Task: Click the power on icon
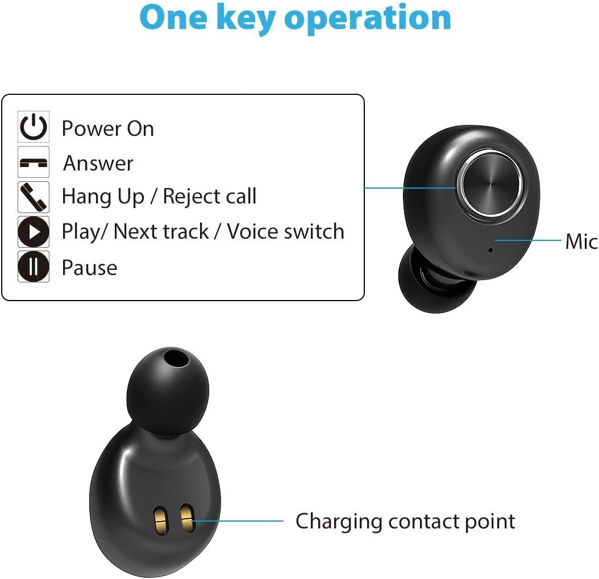click(34, 127)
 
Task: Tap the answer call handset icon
click(34, 163)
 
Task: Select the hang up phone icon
click(34, 197)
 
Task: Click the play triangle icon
click(34, 232)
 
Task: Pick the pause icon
click(34, 266)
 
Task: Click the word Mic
click(581, 241)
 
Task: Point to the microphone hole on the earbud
click(490, 249)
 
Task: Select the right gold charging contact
click(186, 518)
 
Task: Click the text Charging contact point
click(405, 521)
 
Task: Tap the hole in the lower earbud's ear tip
click(176, 359)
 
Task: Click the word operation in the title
click(368, 18)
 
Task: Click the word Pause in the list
click(89, 268)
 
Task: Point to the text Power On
click(107, 128)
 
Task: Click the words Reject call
click(209, 197)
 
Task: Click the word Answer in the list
click(98, 163)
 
